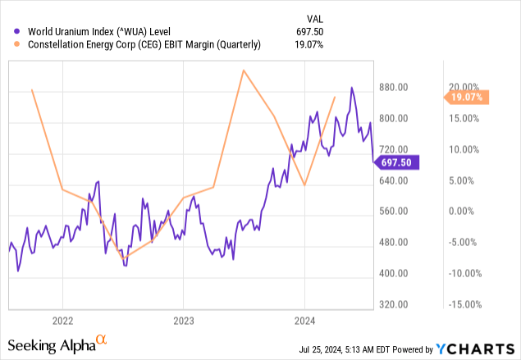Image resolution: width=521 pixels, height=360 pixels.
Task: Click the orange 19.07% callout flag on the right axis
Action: tap(468, 98)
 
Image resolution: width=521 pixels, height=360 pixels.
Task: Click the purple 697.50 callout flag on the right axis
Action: tap(397, 163)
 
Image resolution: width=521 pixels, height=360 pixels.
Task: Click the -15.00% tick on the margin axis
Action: tap(466, 304)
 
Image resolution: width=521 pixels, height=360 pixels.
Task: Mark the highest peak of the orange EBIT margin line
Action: tap(243, 71)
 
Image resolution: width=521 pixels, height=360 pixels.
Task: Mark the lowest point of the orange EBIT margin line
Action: tap(126, 258)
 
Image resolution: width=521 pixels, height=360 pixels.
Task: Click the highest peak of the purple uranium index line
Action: tap(352, 88)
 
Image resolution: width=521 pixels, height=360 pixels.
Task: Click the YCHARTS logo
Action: tap(480, 347)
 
